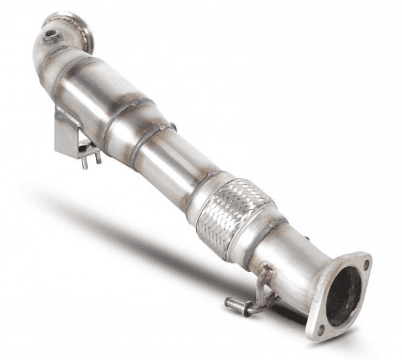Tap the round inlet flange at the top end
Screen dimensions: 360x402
click(x=70, y=25)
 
